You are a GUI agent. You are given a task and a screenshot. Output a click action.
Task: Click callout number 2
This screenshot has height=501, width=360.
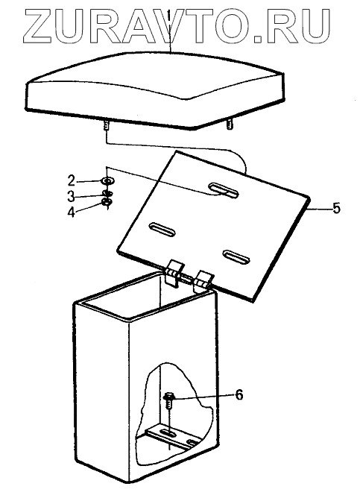tap(72, 180)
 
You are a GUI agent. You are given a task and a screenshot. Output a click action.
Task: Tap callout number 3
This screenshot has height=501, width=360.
tap(71, 196)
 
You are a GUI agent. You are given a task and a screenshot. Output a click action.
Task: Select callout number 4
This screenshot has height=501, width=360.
tap(72, 212)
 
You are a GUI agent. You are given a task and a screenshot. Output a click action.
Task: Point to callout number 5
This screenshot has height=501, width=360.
tap(336, 208)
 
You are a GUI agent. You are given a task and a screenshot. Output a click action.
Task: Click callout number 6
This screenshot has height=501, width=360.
tap(239, 394)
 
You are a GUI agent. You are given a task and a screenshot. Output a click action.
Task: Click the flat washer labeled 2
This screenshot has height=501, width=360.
tap(108, 181)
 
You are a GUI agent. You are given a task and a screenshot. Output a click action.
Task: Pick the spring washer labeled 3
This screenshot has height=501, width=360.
tap(107, 193)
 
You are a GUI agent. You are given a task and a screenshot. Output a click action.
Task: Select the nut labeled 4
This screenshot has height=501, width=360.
tap(107, 202)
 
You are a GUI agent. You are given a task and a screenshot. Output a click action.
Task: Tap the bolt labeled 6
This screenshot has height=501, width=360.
tap(168, 402)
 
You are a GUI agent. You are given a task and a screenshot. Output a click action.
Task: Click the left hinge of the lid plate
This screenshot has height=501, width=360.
tap(174, 272)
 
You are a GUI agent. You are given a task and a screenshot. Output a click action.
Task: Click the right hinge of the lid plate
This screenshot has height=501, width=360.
tap(203, 280)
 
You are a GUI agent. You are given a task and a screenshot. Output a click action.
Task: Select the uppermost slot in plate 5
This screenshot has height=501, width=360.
tap(224, 190)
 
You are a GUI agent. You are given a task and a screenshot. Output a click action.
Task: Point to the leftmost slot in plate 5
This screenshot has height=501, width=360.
tap(162, 230)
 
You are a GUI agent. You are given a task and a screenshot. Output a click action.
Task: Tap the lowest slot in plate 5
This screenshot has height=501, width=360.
tap(236, 256)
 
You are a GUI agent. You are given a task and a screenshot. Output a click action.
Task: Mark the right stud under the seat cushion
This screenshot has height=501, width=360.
tap(229, 124)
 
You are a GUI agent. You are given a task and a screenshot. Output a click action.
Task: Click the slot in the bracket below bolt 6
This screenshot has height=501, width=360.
tap(168, 434)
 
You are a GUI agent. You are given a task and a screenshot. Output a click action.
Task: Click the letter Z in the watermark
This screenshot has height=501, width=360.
tap(38, 25)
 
